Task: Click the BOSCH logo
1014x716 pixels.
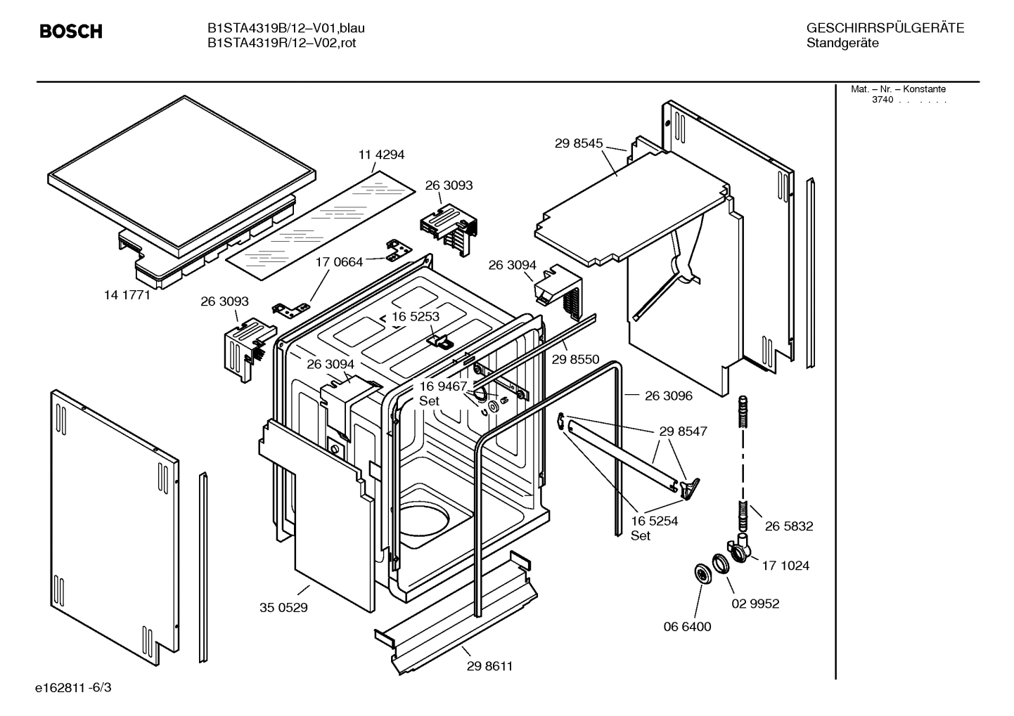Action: pos(71,32)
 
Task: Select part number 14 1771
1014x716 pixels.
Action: pos(127,295)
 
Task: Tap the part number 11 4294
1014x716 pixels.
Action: pos(382,155)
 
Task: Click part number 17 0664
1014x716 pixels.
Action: pos(339,262)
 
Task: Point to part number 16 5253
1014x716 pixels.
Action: pos(416,317)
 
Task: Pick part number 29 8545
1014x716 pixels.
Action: pos(579,143)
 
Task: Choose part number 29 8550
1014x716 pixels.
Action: pos(575,360)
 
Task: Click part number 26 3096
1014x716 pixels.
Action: pos(668,396)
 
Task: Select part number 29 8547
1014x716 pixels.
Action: pos(683,431)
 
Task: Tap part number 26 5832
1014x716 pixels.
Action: pos(789,526)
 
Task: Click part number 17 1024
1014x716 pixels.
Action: pos(785,566)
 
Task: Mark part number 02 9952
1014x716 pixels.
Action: pos(756,604)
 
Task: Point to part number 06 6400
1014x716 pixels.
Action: pos(688,627)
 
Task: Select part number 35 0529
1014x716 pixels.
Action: pos(283,608)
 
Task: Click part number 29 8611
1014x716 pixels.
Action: pos(489,667)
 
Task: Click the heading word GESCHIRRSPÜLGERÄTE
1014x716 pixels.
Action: pos(885,28)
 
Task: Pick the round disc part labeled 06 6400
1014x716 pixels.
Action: pos(702,573)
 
